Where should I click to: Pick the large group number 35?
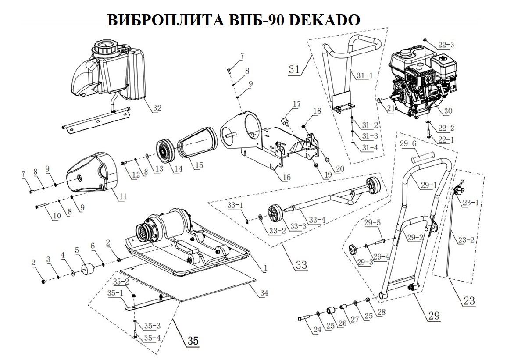(193, 340)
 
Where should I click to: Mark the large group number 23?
(469, 301)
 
